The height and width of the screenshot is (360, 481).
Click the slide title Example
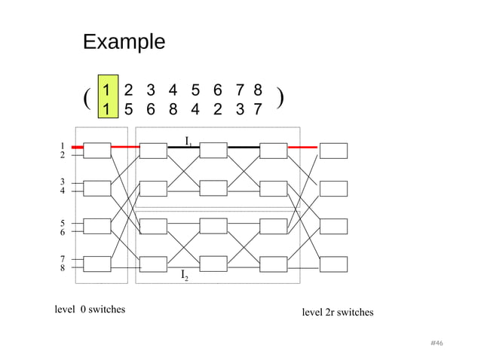[x=123, y=41]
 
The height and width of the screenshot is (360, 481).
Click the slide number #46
[x=436, y=343]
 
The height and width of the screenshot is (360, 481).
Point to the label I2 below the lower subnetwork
[x=185, y=277]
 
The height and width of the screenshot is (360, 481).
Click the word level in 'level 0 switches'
[x=66, y=309]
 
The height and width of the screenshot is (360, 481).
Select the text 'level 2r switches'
[x=337, y=312]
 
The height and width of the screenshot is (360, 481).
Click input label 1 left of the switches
[x=62, y=145]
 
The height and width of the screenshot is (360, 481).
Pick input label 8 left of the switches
[x=62, y=267]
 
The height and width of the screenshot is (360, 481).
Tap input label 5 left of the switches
[x=62, y=223]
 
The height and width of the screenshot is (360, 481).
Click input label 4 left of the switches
[x=62, y=191]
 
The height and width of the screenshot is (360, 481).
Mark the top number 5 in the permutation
[x=195, y=89]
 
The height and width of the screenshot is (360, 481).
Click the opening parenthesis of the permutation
[x=87, y=99]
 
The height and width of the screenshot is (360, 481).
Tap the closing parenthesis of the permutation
[x=280, y=99]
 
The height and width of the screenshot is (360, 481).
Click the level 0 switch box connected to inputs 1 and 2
[x=97, y=150]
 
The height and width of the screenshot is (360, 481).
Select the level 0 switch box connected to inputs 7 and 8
[x=97, y=264]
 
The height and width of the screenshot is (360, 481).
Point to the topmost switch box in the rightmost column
[x=333, y=150]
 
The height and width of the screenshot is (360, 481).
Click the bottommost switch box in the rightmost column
[x=333, y=264]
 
